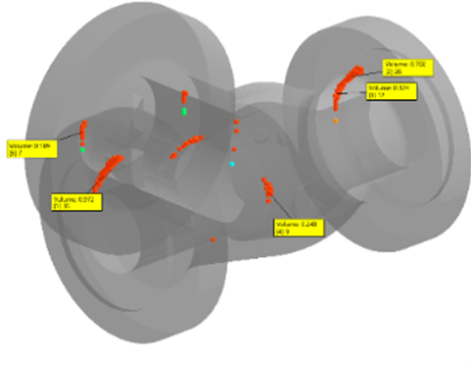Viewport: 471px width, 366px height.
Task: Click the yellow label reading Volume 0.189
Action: (x=28, y=149)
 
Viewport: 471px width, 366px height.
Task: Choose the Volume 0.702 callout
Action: (x=407, y=67)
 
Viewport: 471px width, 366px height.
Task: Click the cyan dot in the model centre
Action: (x=232, y=164)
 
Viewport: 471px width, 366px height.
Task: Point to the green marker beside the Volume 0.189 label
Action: (x=83, y=149)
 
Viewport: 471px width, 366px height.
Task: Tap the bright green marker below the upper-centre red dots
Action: (x=184, y=113)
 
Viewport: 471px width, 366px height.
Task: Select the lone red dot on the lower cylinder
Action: (x=212, y=238)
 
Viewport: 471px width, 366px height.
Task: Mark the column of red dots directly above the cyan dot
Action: (x=236, y=133)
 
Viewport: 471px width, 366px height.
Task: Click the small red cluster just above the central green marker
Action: (x=183, y=98)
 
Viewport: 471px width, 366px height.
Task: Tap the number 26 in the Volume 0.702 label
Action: (x=392, y=73)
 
